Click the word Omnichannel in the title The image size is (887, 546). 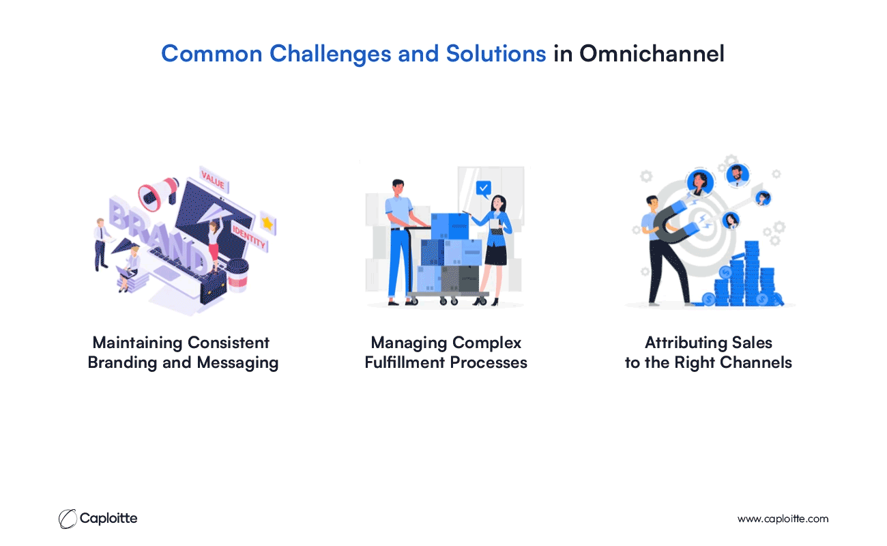652,53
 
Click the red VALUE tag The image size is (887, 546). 214,180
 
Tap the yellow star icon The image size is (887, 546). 268,223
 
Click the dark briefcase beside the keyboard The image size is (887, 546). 214,287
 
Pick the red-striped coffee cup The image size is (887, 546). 237,275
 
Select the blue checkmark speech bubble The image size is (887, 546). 484,188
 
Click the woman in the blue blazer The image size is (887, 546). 492,250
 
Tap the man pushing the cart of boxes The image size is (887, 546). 401,242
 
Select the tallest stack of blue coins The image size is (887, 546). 752,273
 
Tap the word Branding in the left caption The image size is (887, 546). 122,363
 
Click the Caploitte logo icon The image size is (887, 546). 68,519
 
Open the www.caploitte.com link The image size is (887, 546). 783,519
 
